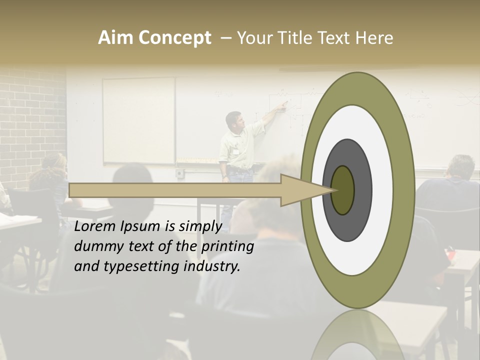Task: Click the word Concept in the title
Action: (174, 38)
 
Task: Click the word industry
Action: (212, 266)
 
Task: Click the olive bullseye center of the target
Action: (343, 190)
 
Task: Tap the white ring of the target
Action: (382, 190)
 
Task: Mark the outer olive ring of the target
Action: (404, 190)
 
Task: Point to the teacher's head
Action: (232, 120)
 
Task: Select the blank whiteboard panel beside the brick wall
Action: (138, 120)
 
